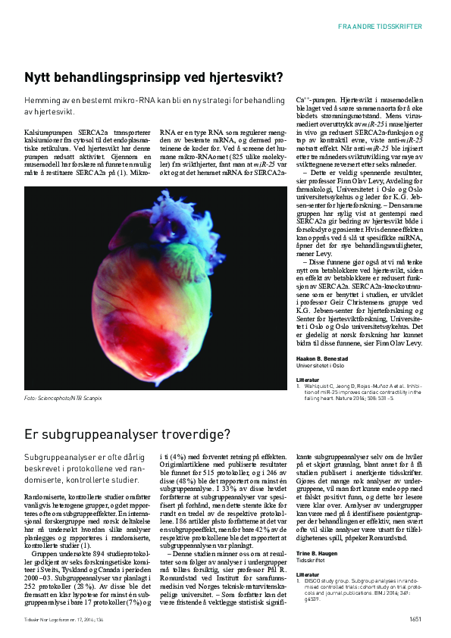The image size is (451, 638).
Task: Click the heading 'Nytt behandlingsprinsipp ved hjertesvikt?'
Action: click(x=154, y=77)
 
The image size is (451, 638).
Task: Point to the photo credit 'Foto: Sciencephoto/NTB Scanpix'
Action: click(x=63, y=397)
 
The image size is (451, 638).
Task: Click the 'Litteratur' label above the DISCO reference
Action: click(x=307, y=574)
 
